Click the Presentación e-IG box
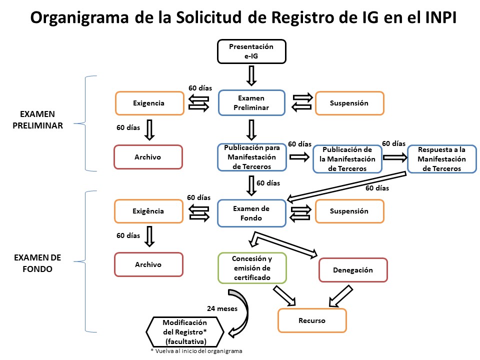coord(251,51)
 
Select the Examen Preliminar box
coord(251,103)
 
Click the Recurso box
coord(312,320)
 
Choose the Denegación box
coord(353,270)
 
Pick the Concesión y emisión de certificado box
coord(252,268)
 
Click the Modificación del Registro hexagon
coord(184,331)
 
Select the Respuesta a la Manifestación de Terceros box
coord(442,159)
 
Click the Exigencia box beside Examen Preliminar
coord(149,103)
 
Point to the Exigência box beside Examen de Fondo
coord(148,211)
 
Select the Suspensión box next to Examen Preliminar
coord(349,103)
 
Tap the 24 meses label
coord(221,308)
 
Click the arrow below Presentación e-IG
coord(252,75)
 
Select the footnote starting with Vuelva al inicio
coord(196,351)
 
